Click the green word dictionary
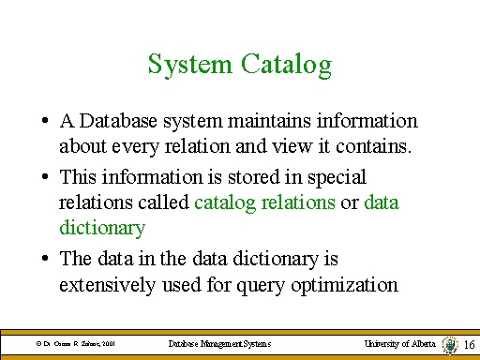102,228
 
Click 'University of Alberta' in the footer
399,344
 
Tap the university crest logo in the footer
450,345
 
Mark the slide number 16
470,346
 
